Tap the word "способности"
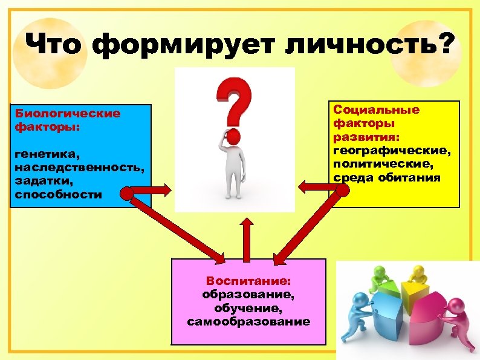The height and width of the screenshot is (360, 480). (x=59, y=195)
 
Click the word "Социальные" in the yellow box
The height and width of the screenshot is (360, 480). (x=376, y=110)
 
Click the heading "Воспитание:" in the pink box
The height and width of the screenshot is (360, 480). (x=248, y=281)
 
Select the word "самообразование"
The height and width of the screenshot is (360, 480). (x=248, y=321)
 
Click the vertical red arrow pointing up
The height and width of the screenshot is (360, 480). (x=246, y=238)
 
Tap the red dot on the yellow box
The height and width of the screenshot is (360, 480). (x=342, y=190)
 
